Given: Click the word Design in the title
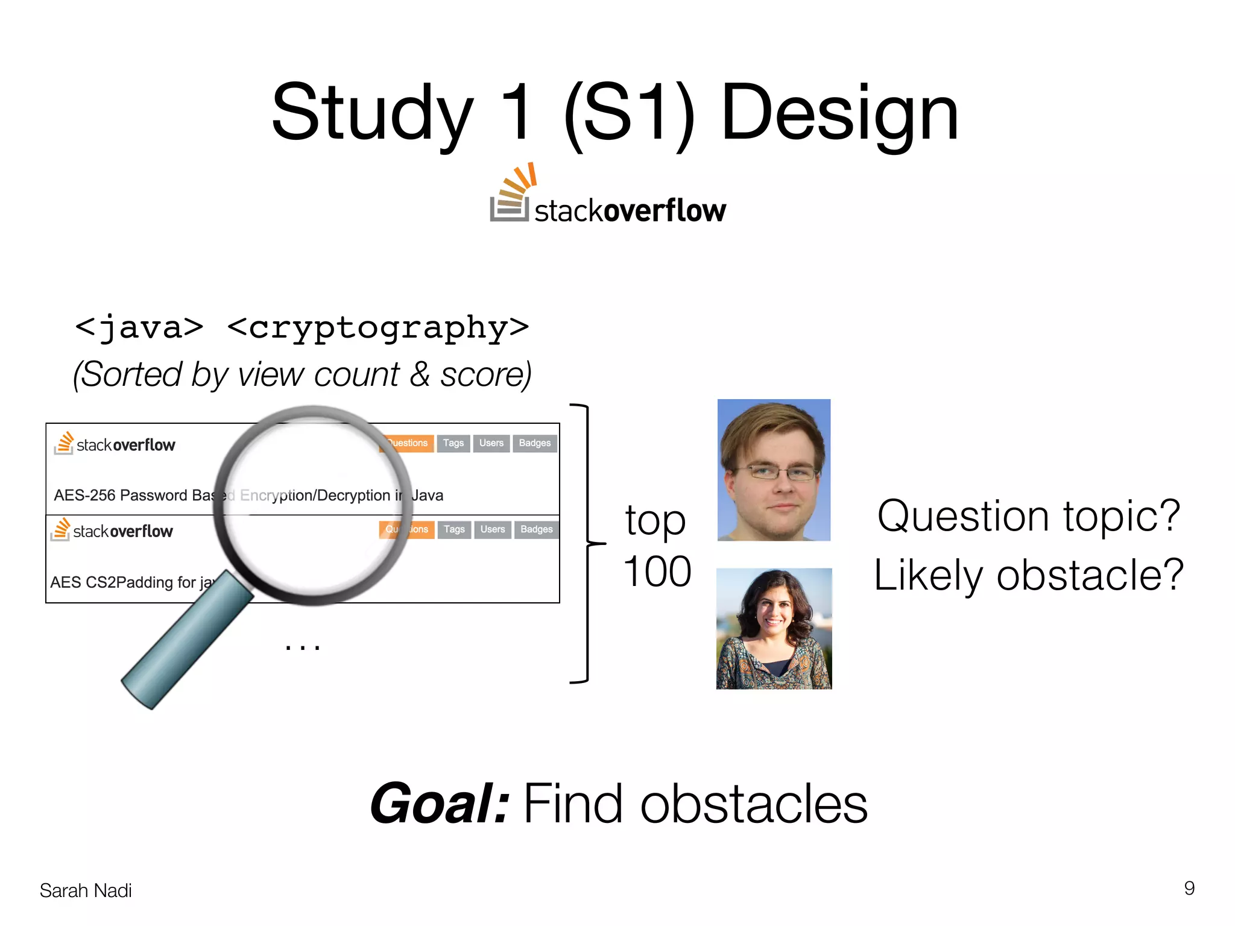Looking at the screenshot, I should pyautogui.click(x=839, y=115).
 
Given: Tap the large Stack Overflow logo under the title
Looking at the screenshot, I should pyautogui.click(x=608, y=196).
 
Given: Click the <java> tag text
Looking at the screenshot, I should pyautogui.click(x=139, y=327).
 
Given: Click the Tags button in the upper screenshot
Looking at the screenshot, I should pyautogui.click(x=453, y=443).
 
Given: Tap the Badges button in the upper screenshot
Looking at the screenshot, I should pyautogui.click(x=535, y=443).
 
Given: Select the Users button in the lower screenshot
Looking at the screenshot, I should pyautogui.click(x=493, y=529).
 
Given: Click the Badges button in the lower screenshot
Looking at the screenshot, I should pyautogui.click(x=537, y=529).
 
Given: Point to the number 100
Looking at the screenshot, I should pyautogui.click(x=657, y=572).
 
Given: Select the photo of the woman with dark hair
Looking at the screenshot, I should pyautogui.click(x=774, y=628).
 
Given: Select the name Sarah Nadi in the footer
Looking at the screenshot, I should pyautogui.click(x=86, y=890).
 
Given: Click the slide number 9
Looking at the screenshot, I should pyautogui.click(x=1189, y=888).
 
